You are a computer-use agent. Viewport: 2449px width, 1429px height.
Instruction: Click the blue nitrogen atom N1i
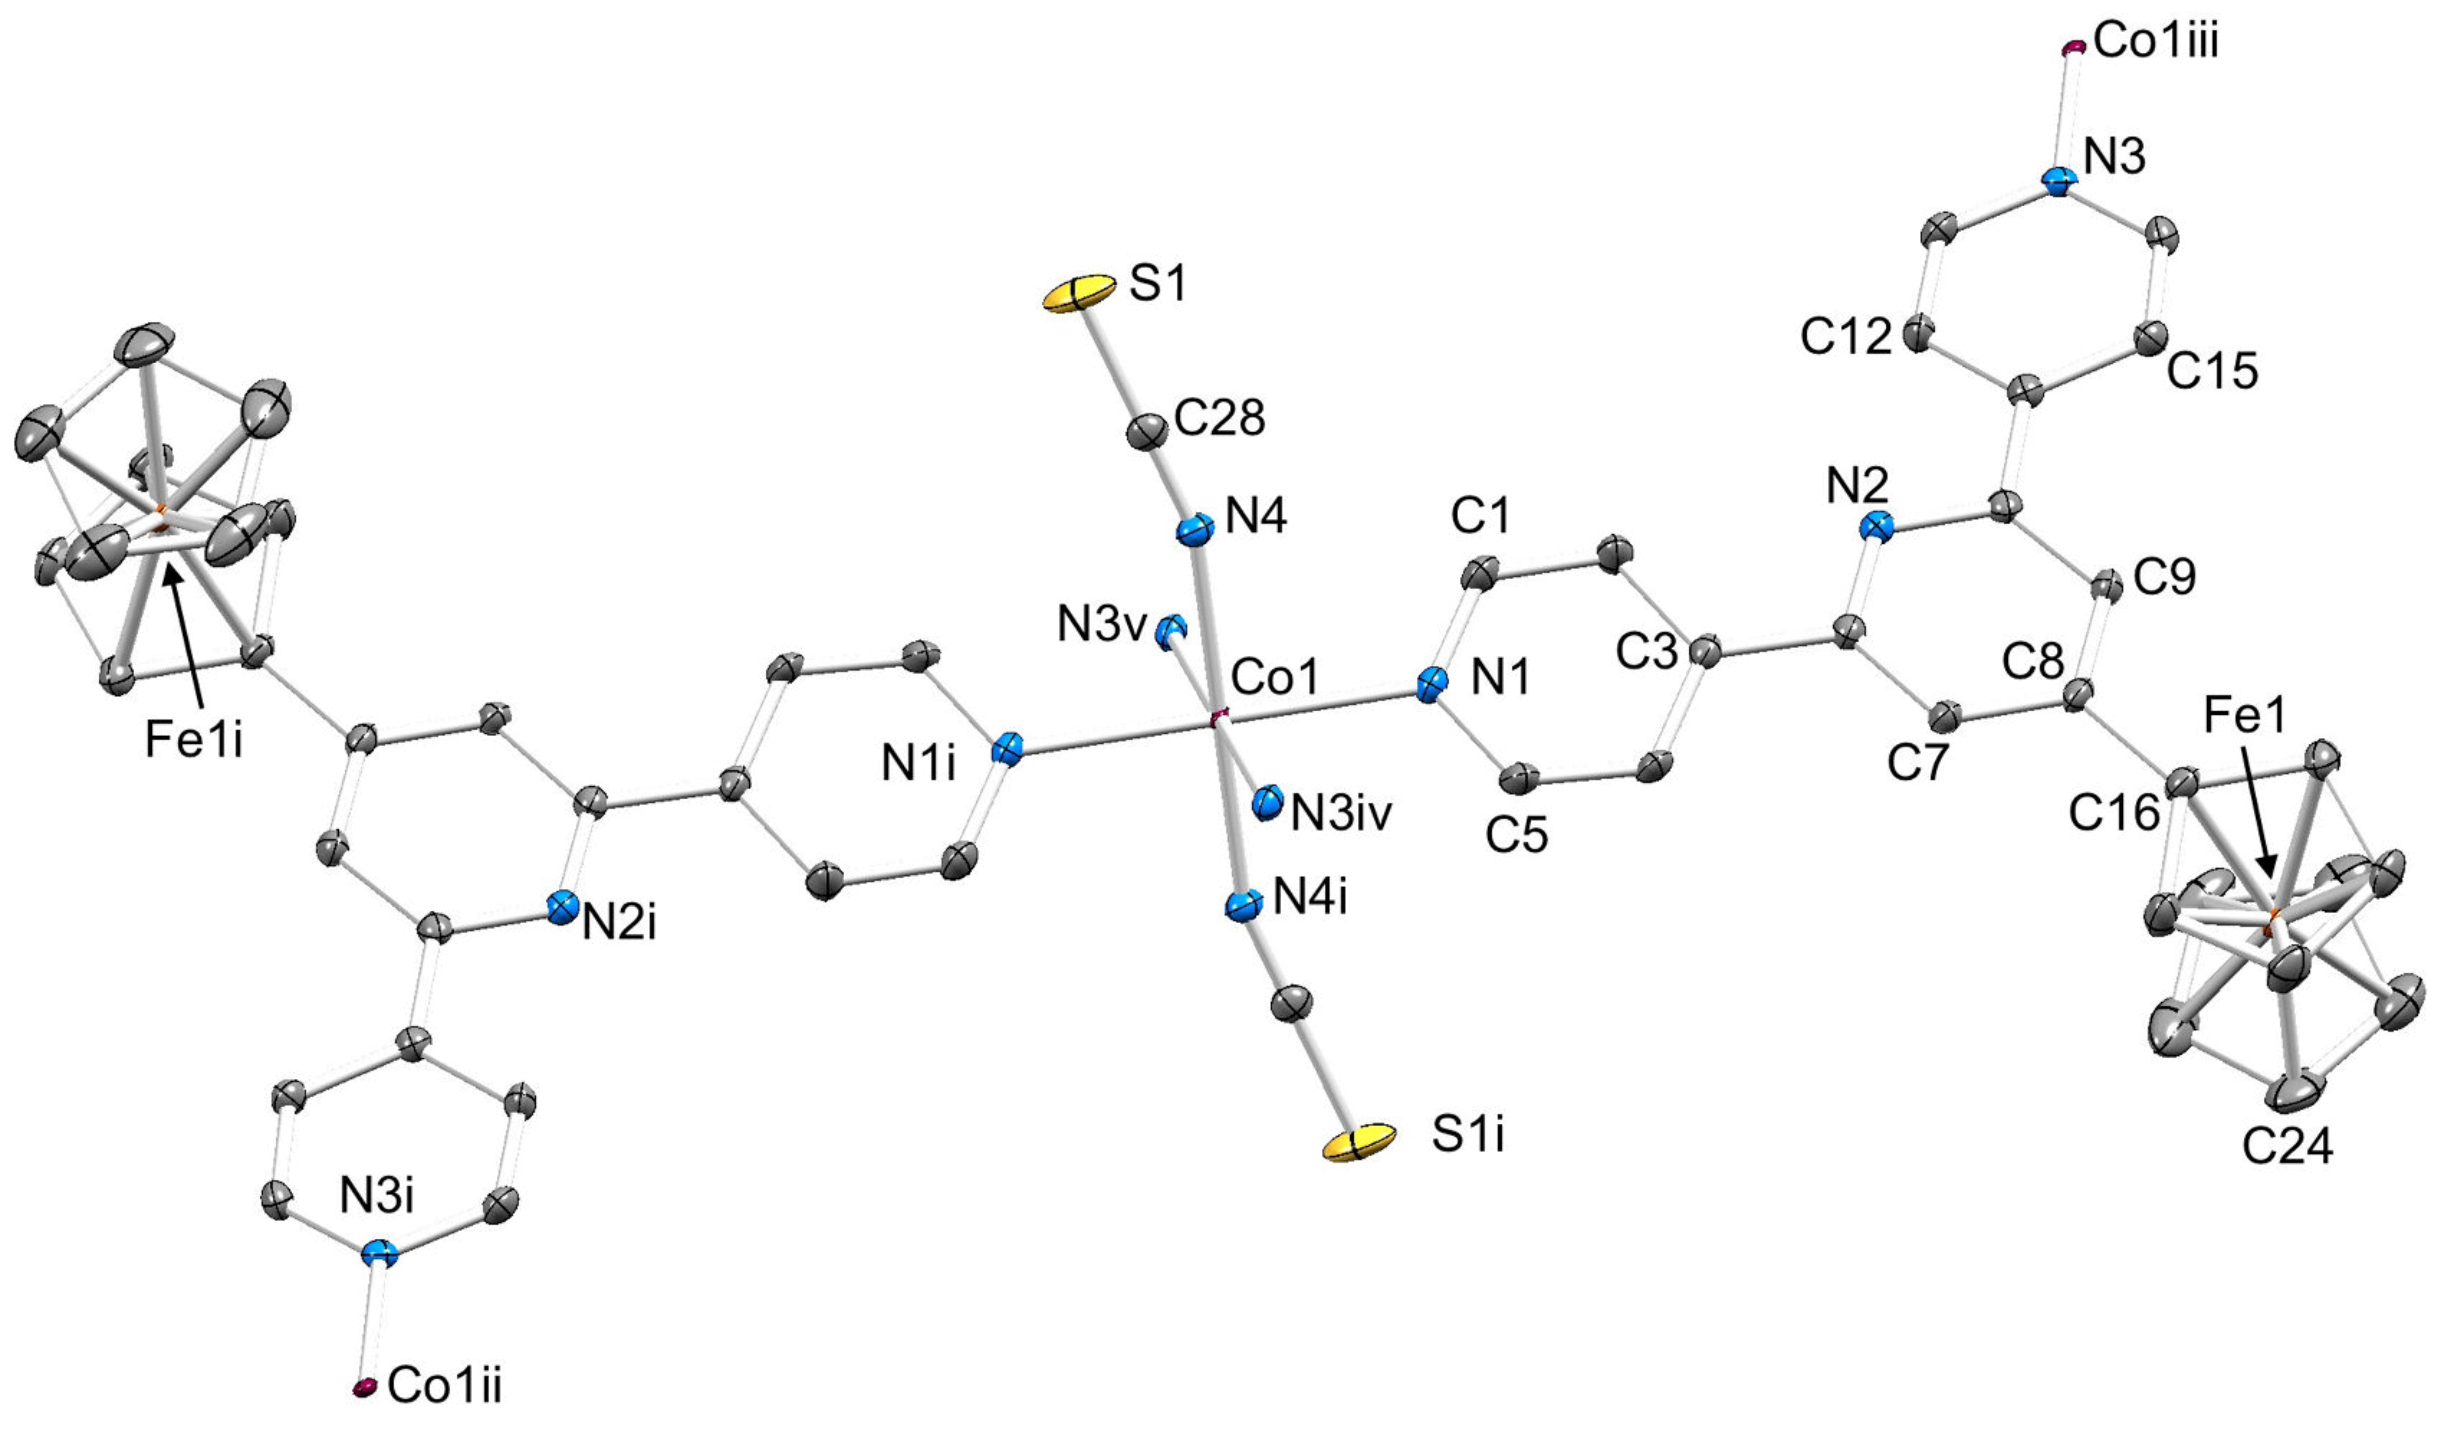click(x=1008, y=751)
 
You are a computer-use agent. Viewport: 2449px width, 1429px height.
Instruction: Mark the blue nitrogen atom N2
click(x=1878, y=528)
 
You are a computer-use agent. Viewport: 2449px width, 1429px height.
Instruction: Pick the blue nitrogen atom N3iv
click(x=1267, y=802)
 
